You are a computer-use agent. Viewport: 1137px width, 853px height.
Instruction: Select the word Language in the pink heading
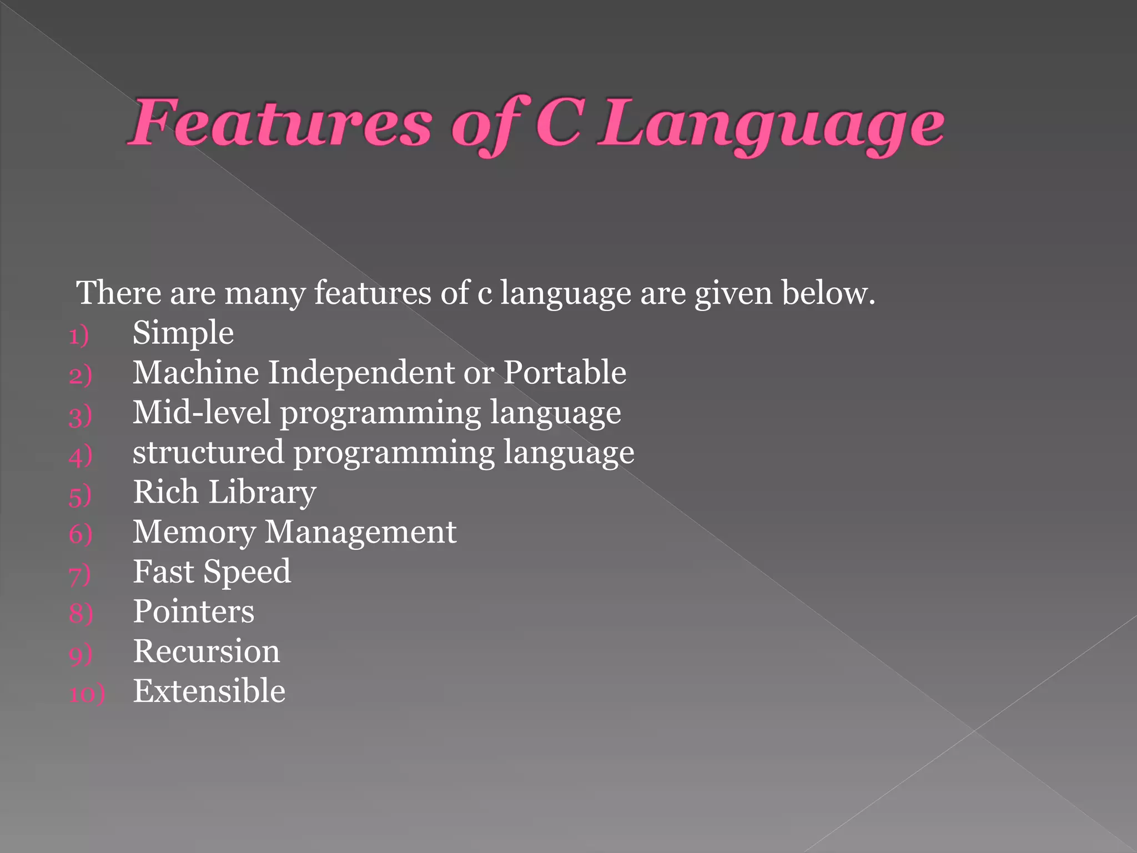point(772,125)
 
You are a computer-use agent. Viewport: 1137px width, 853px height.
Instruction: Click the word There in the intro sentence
point(119,293)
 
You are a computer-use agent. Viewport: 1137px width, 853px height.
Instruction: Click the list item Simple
point(183,334)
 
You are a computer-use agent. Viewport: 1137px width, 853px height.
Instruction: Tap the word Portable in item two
point(565,373)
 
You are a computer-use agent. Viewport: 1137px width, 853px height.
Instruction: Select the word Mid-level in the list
point(202,413)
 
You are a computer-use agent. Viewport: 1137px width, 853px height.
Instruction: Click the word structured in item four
point(208,453)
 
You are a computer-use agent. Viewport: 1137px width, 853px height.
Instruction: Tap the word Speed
point(247,573)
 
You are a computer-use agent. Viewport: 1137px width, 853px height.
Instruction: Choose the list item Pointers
point(193,612)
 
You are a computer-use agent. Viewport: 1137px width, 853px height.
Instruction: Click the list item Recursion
point(207,651)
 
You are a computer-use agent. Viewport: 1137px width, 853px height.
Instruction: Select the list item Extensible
point(209,691)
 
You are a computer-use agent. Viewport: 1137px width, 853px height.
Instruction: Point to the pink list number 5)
point(80,495)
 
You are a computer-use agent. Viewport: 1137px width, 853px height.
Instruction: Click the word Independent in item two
point(361,373)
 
